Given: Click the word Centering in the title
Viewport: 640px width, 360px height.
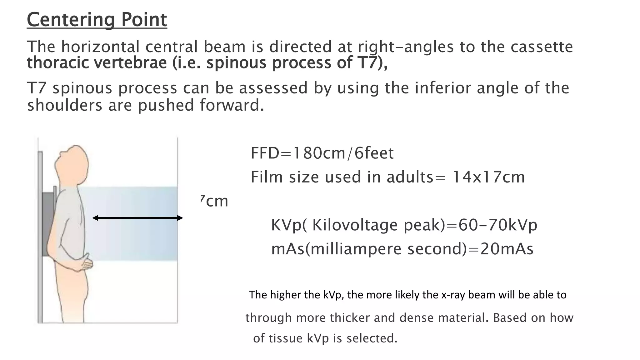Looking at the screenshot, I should (71, 20).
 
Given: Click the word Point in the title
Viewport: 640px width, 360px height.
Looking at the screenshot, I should (144, 20).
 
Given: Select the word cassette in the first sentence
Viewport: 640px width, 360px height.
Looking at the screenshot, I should (542, 47).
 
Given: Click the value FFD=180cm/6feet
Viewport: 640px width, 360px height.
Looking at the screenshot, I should (322, 153).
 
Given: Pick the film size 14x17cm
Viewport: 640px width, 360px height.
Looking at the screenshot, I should (488, 177).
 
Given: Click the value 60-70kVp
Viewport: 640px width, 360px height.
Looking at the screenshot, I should (497, 225).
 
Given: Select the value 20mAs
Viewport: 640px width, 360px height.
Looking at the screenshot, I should (507, 249).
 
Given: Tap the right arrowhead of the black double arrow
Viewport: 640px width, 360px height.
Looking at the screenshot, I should (180, 218).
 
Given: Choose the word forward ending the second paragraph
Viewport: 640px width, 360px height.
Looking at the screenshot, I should (232, 105).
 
